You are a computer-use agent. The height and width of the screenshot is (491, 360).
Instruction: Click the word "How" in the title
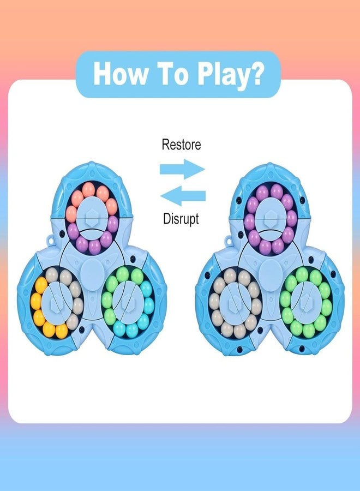[x=121, y=73]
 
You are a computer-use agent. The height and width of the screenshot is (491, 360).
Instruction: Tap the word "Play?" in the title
[x=230, y=75]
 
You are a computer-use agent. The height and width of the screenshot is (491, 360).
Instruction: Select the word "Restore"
[x=181, y=145]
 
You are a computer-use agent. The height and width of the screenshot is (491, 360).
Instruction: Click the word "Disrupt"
[x=181, y=218]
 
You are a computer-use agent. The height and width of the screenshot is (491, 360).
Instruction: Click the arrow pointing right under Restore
[x=182, y=169]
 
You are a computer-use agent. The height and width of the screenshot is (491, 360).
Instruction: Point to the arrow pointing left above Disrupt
[x=183, y=196]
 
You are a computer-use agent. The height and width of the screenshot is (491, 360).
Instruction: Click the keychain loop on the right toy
[x=227, y=241]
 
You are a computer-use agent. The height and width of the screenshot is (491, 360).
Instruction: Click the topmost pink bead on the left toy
[x=88, y=189]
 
